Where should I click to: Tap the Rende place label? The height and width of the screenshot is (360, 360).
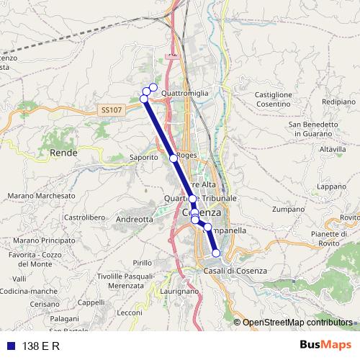coord(63,153)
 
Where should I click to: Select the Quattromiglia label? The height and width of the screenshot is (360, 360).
coord(185,94)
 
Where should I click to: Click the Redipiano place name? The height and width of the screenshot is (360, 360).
coord(338,102)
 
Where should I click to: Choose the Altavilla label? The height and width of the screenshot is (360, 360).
coord(333,149)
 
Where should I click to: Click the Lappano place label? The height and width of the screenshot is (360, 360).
coord(331,186)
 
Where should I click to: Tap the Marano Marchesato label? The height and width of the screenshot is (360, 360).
coord(41,195)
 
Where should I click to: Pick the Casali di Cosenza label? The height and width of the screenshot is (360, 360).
coord(235,270)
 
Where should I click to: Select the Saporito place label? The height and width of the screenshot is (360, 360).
coord(143,156)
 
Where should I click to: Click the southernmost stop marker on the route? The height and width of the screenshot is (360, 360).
coord(216,253)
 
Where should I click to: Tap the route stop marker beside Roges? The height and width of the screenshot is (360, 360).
coord(173,158)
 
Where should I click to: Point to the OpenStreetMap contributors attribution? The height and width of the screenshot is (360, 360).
coord(297,322)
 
